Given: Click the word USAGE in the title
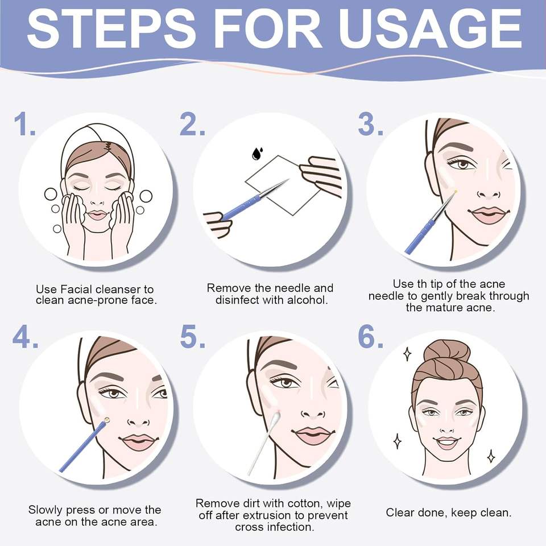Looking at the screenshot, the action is pos(431,28).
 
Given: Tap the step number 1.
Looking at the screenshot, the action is pos(24,124).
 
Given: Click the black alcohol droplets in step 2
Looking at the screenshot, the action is pos(257,153).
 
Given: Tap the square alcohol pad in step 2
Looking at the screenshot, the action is pos(283,185).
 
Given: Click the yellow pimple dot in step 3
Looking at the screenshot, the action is pos(456,191).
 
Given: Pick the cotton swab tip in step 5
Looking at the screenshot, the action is pos(276,417).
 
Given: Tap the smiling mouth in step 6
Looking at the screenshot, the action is pos(447,442).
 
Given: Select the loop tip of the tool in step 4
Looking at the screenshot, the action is pos(106,420).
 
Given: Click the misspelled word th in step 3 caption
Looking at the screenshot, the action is pos(421,284).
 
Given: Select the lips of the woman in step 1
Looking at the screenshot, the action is pos(97,214).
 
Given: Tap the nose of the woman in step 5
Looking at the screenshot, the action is pos(313,412).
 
